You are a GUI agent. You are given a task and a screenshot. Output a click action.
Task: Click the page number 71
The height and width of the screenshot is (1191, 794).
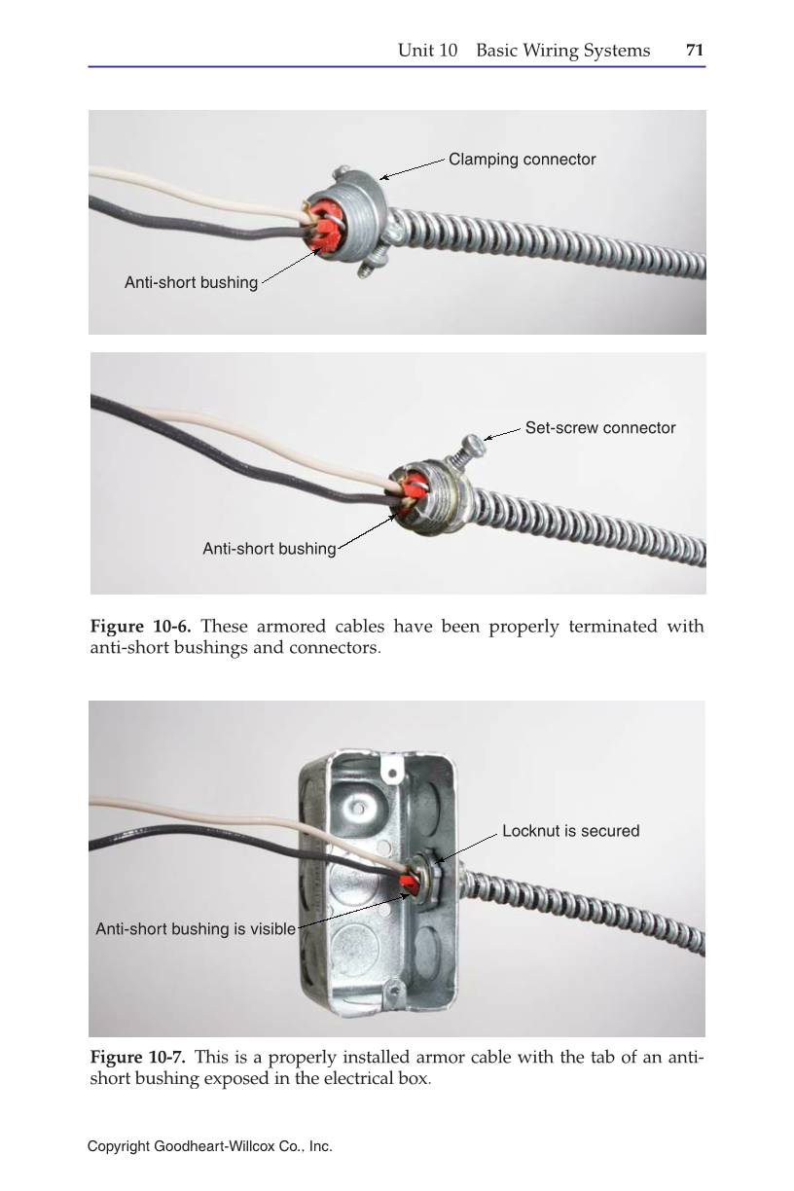coord(695,51)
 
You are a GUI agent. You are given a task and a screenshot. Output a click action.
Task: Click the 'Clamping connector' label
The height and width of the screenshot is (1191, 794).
coord(522,159)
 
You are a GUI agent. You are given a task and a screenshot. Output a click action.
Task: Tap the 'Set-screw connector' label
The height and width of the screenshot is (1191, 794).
coord(599,428)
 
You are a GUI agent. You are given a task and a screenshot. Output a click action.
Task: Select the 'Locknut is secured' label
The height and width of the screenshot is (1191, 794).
coord(570,831)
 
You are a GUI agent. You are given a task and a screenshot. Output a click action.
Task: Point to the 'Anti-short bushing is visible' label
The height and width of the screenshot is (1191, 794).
coord(195,929)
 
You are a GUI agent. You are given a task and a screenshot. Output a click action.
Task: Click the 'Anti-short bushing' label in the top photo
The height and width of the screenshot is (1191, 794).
coord(191,283)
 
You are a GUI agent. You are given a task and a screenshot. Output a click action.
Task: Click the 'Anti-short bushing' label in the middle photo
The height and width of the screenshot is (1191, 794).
coord(269,550)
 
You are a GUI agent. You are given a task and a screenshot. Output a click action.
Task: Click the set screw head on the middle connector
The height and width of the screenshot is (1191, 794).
coord(474,444)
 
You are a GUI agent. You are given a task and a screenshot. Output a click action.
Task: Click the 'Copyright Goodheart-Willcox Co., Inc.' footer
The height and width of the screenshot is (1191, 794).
coord(209,1147)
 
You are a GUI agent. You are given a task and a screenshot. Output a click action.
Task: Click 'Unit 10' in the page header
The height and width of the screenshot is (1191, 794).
coord(427,51)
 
